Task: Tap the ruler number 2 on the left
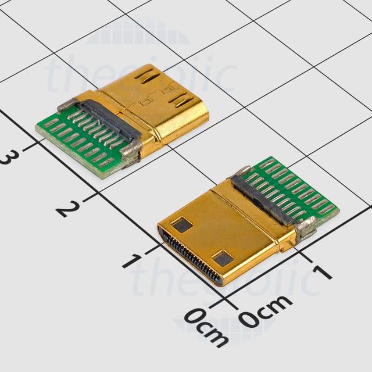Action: coord(69,208)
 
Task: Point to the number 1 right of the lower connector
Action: coord(321,270)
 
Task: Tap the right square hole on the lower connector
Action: coord(223,258)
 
